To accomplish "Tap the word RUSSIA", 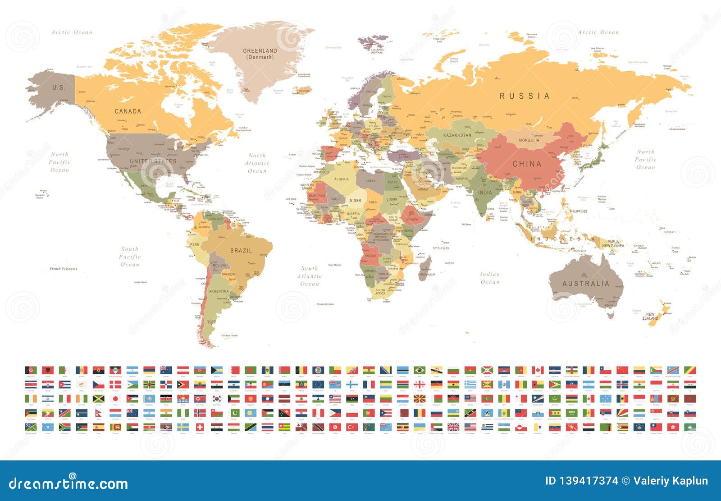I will [525, 96].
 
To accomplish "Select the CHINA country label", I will [527, 164].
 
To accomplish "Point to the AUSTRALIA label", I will [585, 284].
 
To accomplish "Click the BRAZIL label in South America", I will [241, 250].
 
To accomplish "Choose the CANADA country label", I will [128, 111].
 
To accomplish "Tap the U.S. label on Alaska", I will [59, 87].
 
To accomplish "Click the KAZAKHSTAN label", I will [457, 135].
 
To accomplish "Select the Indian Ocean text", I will [490, 278].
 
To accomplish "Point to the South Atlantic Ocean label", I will [310, 276].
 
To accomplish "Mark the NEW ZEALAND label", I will [650, 316].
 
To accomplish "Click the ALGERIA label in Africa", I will [342, 179].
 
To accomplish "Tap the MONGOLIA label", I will [529, 140].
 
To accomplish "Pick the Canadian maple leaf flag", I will [538, 370].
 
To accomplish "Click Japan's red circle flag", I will [115, 399].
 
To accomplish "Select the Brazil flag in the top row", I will [420, 370].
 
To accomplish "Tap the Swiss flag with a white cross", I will [200, 427].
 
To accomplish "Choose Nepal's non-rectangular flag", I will [98, 413].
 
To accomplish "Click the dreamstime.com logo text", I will [68, 483].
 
